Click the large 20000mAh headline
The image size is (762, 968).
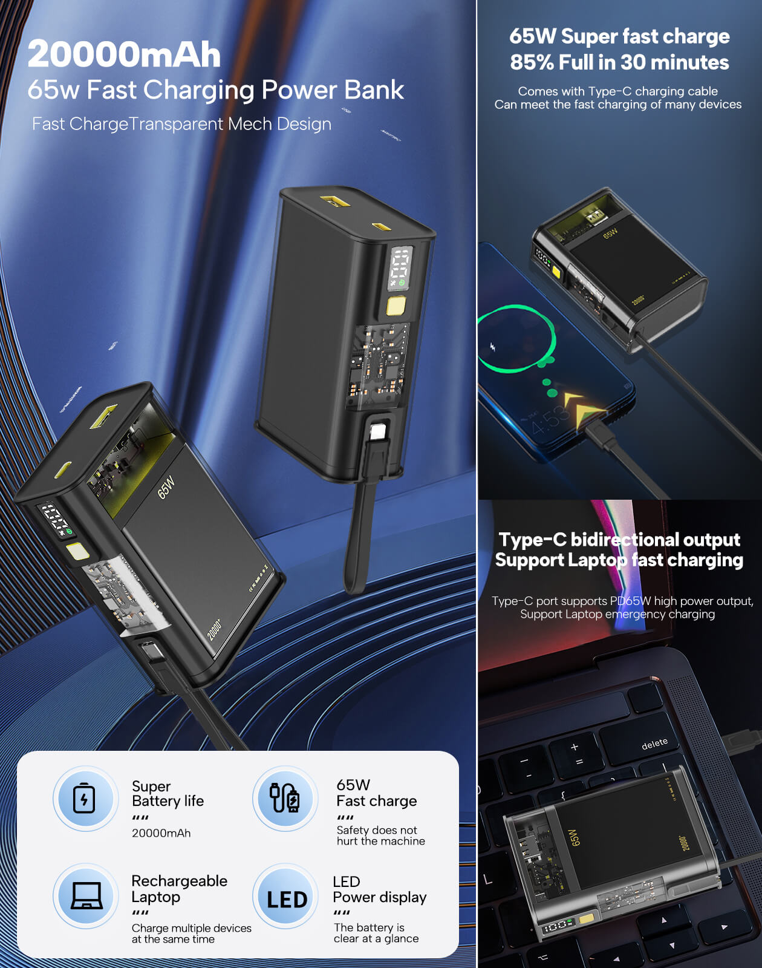pos(124,54)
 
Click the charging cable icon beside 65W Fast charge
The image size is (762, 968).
pos(284,798)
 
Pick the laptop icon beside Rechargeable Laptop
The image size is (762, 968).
pos(85,895)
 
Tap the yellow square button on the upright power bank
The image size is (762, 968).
pos(396,306)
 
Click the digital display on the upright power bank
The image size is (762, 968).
pos(400,268)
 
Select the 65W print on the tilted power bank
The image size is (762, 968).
pos(166,488)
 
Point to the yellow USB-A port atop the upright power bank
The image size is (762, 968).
pos(334,201)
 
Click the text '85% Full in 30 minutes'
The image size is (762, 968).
pos(619,62)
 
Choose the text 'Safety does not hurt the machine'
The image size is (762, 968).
pos(380,836)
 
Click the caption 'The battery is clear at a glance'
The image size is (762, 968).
pos(376,933)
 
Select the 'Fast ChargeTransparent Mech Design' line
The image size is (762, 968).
pos(181,124)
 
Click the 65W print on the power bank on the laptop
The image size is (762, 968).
pos(575,837)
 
